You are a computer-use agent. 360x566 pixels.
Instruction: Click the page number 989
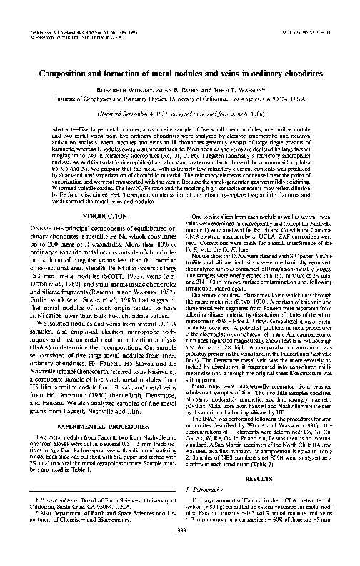[179, 550]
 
